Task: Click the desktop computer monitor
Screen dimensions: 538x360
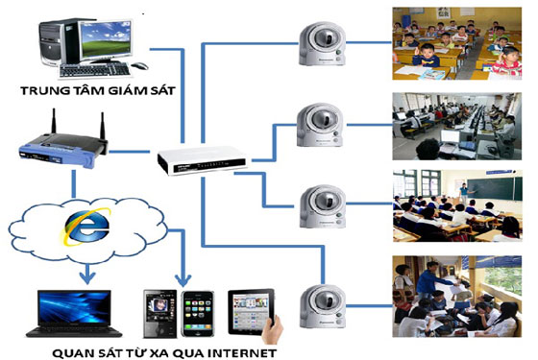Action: click(108, 38)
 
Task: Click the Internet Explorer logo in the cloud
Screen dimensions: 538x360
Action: click(73, 233)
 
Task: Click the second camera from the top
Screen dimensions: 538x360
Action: click(317, 120)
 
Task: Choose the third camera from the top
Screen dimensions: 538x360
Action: click(317, 203)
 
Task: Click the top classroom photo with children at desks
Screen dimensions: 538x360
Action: click(459, 43)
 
